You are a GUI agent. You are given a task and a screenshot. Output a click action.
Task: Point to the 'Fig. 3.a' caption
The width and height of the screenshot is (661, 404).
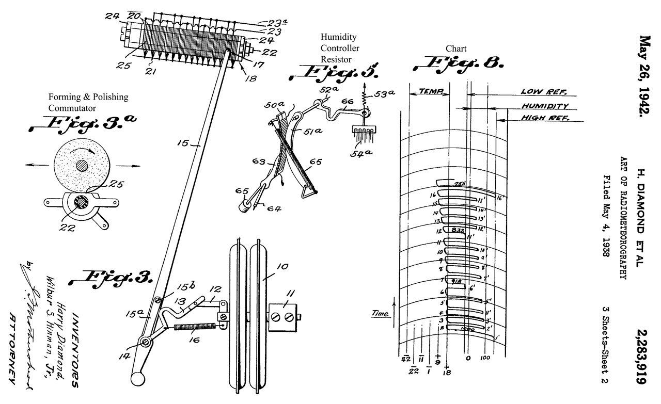85,123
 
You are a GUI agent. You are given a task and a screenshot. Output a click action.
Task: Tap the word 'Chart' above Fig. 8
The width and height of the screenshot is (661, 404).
456,49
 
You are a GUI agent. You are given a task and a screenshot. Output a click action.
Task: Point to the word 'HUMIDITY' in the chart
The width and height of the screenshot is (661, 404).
545,106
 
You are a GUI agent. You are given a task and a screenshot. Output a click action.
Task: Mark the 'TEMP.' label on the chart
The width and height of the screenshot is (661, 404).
430,91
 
